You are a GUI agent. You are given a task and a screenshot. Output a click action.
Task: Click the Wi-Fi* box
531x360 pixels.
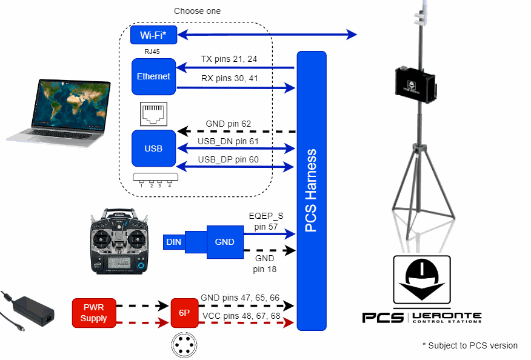pyautogui.click(x=153, y=35)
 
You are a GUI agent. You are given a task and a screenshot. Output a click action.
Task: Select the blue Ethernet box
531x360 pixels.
pyautogui.click(x=153, y=76)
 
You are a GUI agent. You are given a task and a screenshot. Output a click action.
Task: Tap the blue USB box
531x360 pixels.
pyautogui.click(x=153, y=148)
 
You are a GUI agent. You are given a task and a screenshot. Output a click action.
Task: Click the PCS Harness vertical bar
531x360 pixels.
pyautogui.click(x=312, y=190)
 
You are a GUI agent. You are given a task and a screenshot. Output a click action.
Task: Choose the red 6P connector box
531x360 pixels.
pyautogui.click(x=184, y=313)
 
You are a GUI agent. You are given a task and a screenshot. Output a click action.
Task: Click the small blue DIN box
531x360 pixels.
pyautogui.click(x=173, y=242)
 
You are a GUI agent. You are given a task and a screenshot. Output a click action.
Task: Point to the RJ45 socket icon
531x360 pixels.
pyautogui.click(x=153, y=113)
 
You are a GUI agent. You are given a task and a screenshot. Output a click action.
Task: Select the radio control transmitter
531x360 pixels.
pyautogui.click(x=119, y=241)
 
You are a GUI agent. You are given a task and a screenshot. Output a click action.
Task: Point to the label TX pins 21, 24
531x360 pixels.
pyautogui.click(x=229, y=59)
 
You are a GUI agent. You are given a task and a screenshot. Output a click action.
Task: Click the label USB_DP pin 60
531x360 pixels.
pyautogui.click(x=228, y=159)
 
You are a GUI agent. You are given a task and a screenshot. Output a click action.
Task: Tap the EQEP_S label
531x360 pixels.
pyautogui.click(x=266, y=215)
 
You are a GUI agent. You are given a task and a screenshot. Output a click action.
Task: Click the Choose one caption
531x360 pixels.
pyautogui.click(x=197, y=11)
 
